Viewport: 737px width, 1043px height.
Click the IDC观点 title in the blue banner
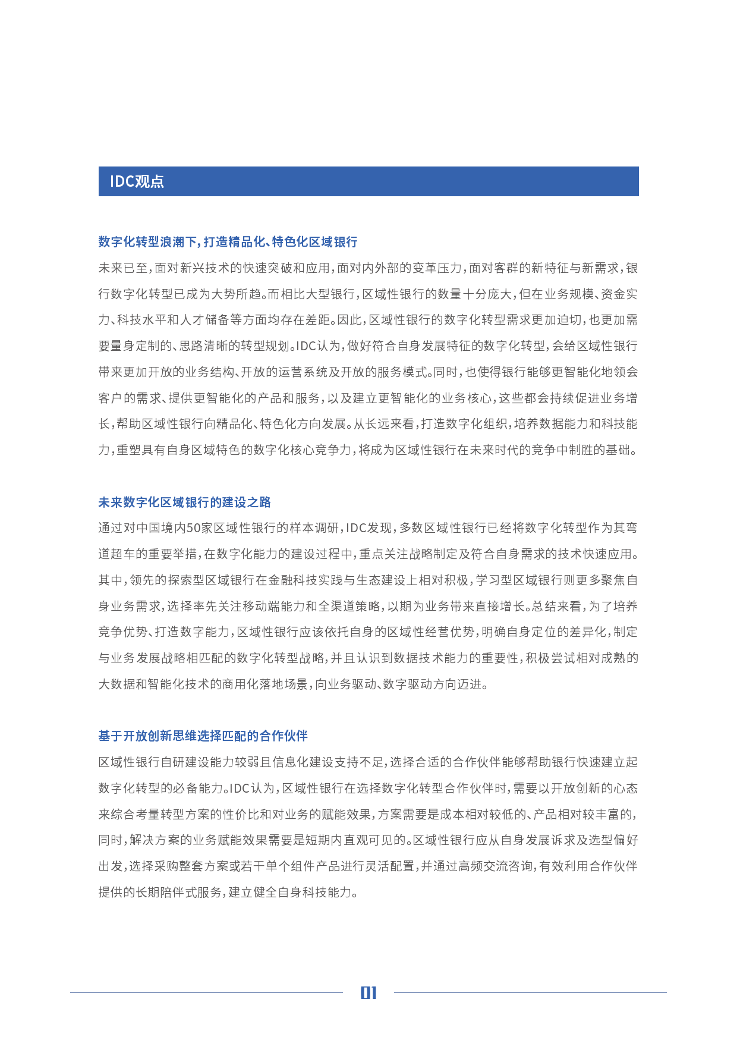coord(137,181)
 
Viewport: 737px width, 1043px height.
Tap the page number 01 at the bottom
coord(368,992)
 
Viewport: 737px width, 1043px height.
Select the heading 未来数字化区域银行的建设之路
coord(184,502)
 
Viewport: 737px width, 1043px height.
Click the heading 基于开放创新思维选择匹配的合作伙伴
coord(203,736)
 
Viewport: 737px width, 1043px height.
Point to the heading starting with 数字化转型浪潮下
coord(228,242)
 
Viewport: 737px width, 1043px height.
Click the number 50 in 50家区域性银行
coord(194,528)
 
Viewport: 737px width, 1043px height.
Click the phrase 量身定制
coord(130,346)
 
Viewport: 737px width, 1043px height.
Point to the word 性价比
coord(241,815)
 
